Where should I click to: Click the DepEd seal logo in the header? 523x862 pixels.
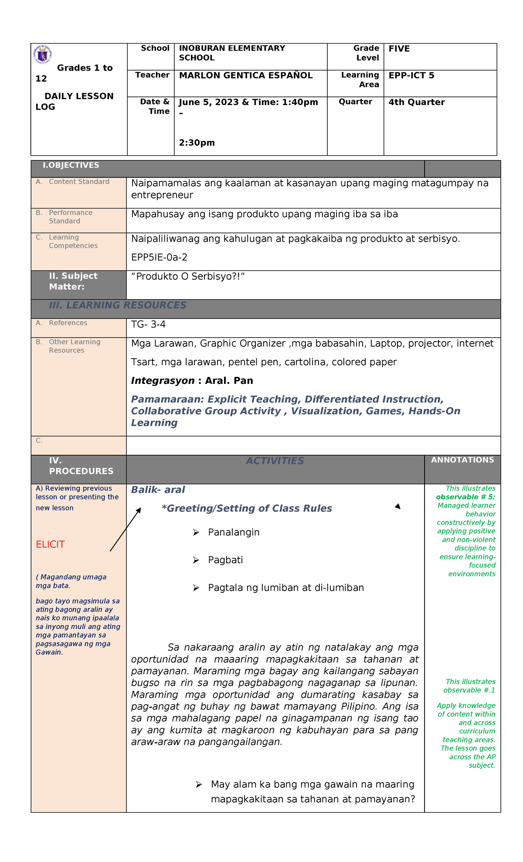click(43, 55)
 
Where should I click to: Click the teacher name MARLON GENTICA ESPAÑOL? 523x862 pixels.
click(246, 75)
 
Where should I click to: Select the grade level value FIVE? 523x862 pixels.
click(399, 49)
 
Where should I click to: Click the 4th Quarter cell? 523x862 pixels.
click(416, 103)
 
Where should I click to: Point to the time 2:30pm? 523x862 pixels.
click(197, 143)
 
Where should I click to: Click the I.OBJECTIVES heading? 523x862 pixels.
click(71, 165)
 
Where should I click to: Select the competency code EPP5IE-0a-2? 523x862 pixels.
click(159, 257)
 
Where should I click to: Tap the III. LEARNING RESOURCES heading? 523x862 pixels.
click(118, 305)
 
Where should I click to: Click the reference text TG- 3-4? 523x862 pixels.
click(148, 324)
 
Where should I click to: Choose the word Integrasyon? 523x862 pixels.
click(163, 381)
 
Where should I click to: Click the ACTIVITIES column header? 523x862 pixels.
click(275, 461)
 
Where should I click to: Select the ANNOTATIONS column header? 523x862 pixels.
click(462, 460)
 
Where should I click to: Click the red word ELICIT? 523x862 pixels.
click(50, 544)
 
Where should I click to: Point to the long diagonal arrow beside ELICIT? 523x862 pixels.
click(126, 529)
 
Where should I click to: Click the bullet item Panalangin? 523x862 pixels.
click(234, 532)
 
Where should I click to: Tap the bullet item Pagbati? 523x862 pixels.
click(225, 560)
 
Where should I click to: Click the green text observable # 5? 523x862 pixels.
click(465, 497)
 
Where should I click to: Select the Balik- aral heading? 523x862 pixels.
click(158, 490)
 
